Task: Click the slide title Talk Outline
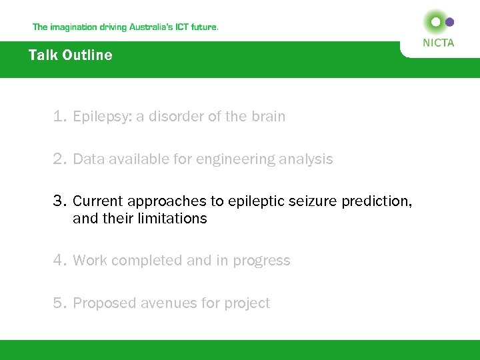(x=70, y=55)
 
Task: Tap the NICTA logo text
(x=439, y=43)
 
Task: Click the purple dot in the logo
(x=450, y=22)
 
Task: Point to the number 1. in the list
(x=61, y=117)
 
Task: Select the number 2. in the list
(x=61, y=159)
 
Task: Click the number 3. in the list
(x=61, y=201)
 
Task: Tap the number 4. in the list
(x=61, y=261)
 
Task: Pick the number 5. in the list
(x=61, y=303)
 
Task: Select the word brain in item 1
(x=268, y=117)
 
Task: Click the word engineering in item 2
(x=219, y=160)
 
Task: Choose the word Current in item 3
(x=98, y=201)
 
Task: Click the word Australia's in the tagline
(x=143, y=27)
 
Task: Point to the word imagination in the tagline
(x=75, y=27)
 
